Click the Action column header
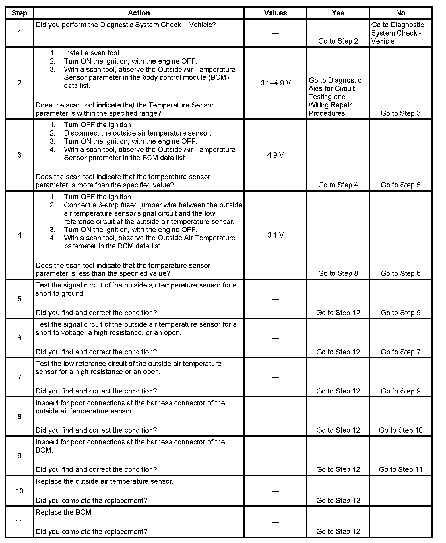click(139, 13)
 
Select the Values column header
click(275, 13)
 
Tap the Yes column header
click(338, 13)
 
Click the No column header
click(400, 13)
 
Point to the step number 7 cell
click(19, 377)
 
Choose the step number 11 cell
click(19, 522)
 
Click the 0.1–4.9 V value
click(275, 83)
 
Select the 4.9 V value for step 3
click(275, 155)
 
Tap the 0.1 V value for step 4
click(275, 235)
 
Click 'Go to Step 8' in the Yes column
click(338, 273)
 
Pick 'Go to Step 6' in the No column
click(400, 273)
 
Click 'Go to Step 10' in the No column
click(400, 430)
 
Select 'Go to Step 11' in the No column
click(400, 469)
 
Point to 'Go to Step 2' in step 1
click(338, 41)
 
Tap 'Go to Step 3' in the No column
click(400, 113)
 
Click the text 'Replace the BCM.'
click(64, 512)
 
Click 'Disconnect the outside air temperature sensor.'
click(137, 133)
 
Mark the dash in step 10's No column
click(400, 501)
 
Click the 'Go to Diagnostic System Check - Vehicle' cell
click(397, 33)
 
